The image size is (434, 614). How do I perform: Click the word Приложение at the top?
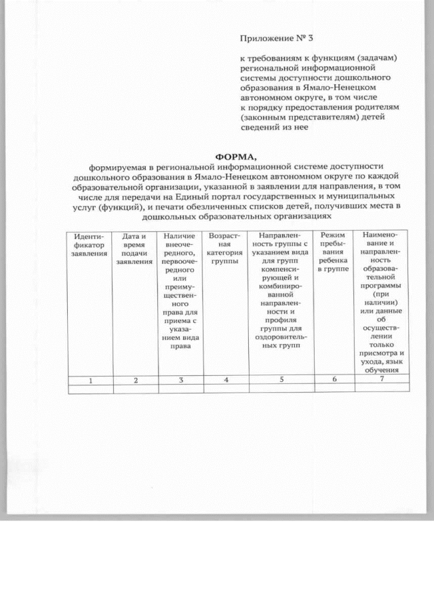[x=264, y=38]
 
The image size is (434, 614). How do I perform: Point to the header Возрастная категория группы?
[x=224, y=248]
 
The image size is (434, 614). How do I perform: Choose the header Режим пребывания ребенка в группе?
[x=334, y=252]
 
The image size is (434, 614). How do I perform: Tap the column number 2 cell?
[x=135, y=380]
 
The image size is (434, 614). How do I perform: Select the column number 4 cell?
[x=226, y=380]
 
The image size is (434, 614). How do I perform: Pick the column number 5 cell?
[x=280, y=380]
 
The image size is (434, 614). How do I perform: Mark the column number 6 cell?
[x=334, y=379]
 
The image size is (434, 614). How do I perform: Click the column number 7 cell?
[x=382, y=379]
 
